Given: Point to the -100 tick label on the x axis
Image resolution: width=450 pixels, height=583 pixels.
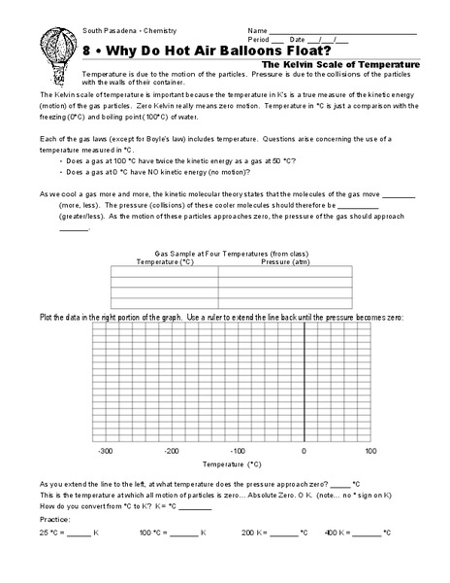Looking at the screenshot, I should point(238,451).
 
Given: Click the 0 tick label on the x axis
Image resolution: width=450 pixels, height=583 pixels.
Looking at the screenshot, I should point(305,451).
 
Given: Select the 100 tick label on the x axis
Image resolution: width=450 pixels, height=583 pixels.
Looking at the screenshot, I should point(370,451).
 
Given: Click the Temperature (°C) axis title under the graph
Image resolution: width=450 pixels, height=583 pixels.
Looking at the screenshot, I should point(235,465).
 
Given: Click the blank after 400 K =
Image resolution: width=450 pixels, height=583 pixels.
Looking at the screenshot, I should point(368,534).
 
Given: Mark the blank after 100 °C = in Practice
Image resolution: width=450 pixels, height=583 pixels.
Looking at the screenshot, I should point(184,534).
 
